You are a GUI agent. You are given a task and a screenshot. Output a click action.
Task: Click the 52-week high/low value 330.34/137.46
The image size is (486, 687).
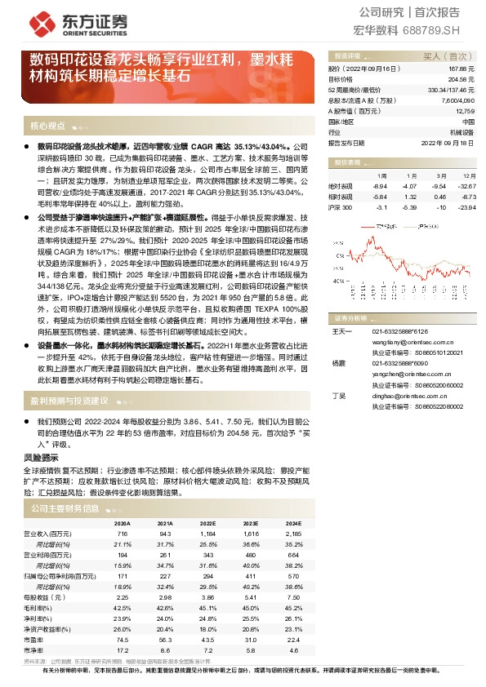coord(451,90)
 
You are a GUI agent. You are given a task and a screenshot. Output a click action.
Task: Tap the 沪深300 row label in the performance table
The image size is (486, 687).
coord(341,207)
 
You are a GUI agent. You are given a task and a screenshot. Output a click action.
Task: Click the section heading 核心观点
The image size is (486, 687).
coord(47,126)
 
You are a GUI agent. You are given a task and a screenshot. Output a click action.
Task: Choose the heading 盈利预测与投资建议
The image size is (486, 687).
coord(69,401)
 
